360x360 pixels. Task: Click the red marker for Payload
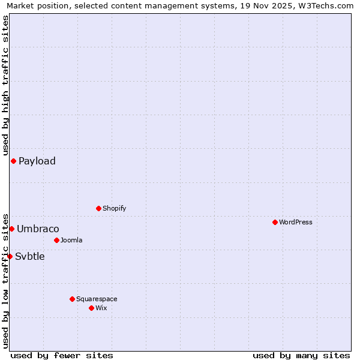point(13,161)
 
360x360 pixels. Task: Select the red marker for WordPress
point(275,222)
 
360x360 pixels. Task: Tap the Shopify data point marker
point(98,208)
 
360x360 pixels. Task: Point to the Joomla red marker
point(56,240)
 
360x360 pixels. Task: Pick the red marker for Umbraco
point(11,229)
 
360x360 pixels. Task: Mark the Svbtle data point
point(10,256)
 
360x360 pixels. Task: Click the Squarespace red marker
point(72,299)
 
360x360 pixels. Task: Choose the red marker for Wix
point(91,308)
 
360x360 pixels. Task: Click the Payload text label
point(37,161)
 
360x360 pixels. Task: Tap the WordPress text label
point(296,222)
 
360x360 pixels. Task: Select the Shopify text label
point(115,208)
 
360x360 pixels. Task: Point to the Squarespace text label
point(97,299)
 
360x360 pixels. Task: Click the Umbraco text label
point(38,229)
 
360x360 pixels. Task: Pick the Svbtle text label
point(30,256)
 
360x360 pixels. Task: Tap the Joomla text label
point(71,240)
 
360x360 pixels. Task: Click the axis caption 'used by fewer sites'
point(62,355)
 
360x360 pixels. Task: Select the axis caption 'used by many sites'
point(301,355)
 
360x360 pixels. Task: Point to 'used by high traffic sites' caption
point(5,85)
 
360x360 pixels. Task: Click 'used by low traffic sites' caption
point(5,280)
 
